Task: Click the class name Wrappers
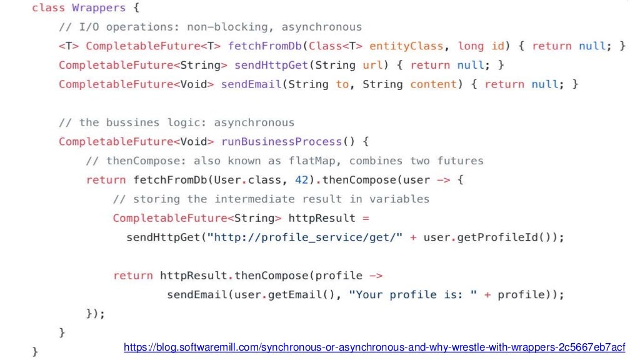pos(99,8)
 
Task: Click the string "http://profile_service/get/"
pos(309,237)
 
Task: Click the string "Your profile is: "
pos(417,294)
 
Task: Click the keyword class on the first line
pos(48,8)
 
